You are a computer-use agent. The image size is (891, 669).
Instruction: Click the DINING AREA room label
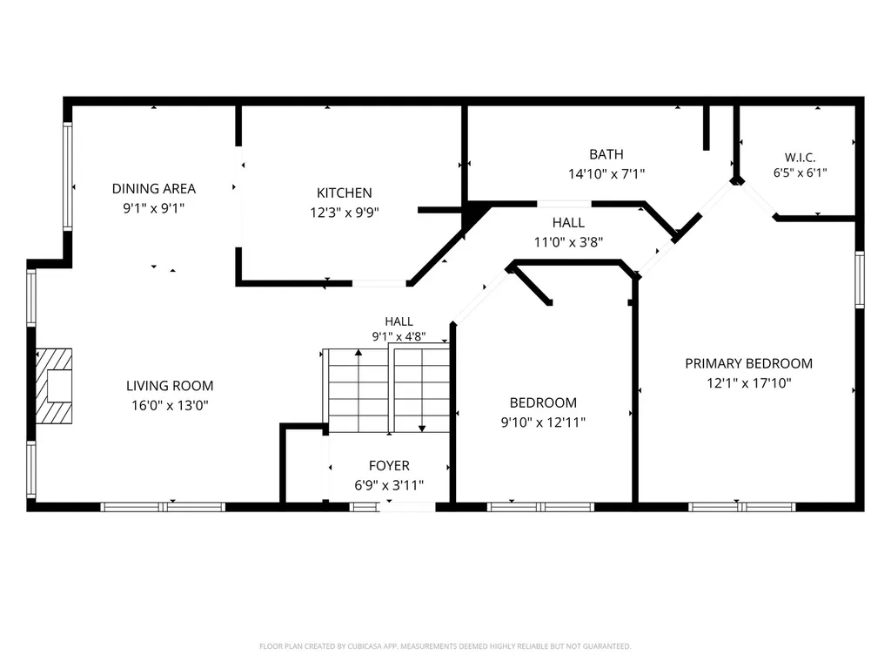(x=153, y=188)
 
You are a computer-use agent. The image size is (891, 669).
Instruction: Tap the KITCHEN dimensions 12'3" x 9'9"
(x=345, y=213)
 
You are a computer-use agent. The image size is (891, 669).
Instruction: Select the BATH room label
(x=606, y=154)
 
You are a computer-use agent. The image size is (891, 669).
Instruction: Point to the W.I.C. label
(x=801, y=158)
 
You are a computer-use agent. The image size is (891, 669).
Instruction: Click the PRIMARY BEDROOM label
(x=748, y=363)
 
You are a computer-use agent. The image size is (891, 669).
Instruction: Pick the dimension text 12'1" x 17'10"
(x=748, y=383)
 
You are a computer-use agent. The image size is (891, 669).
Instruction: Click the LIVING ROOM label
(x=170, y=386)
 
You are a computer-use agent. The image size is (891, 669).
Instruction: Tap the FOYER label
(x=389, y=465)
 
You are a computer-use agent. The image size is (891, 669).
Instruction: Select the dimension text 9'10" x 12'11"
(x=543, y=422)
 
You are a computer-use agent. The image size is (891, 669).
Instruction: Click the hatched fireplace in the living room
(x=54, y=386)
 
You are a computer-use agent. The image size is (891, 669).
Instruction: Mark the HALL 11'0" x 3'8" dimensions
(x=568, y=242)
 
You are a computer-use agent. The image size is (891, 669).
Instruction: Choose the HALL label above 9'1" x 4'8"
(x=399, y=321)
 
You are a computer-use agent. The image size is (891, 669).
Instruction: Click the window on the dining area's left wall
(x=68, y=176)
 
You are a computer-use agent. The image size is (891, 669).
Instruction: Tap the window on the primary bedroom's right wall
(x=860, y=280)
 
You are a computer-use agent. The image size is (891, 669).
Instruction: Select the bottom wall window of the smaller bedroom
(x=540, y=507)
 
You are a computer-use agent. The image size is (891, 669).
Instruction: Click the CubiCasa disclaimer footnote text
(x=445, y=646)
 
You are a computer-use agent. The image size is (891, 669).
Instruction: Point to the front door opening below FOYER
(x=407, y=507)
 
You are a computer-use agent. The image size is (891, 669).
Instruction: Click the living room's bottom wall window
(x=163, y=507)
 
